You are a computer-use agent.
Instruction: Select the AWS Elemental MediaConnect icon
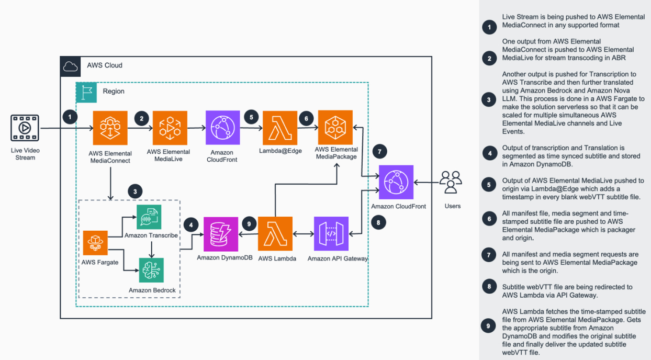(x=110, y=128)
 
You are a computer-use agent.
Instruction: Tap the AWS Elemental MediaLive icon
(x=170, y=128)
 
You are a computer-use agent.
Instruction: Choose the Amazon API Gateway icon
(x=330, y=234)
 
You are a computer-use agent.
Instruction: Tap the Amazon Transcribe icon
(x=149, y=217)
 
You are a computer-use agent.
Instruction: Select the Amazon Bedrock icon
(x=151, y=271)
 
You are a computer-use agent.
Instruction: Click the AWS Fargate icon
(x=95, y=243)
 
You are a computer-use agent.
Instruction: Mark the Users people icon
(x=451, y=183)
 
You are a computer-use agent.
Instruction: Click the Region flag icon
(x=86, y=92)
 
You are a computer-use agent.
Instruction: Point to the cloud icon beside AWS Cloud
(x=71, y=66)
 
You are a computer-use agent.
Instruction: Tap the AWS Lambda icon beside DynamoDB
(x=275, y=234)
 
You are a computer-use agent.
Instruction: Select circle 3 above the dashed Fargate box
(x=135, y=192)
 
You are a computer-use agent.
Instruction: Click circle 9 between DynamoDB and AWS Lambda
(x=249, y=224)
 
